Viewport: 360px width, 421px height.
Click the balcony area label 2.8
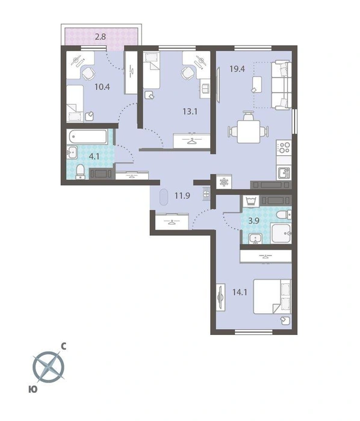[x=100, y=37]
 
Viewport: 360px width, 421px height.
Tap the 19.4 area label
[x=237, y=69]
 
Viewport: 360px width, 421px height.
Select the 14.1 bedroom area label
[x=240, y=292]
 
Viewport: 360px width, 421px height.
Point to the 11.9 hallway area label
[x=182, y=195]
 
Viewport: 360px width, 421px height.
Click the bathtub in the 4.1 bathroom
[x=87, y=137]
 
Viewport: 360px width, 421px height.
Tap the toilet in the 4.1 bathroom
[x=80, y=172]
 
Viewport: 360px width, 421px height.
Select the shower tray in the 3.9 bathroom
[x=281, y=233]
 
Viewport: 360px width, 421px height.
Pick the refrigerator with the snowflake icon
[x=224, y=182]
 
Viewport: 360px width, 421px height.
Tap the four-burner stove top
[x=284, y=147]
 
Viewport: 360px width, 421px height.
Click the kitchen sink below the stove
[x=284, y=173]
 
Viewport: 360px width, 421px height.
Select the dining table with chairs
[x=249, y=129]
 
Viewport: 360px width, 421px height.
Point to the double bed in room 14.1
[x=272, y=297]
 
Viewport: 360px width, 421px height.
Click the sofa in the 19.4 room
[x=281, y=85]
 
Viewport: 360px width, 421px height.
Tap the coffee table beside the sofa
[x=257, y=85]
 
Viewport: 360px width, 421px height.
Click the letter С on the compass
[x=64, y=346]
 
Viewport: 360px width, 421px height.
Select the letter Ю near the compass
[x=33, y=389]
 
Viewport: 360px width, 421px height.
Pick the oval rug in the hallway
[x=163, y=198]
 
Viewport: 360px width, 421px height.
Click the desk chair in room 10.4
[x=88, y=73]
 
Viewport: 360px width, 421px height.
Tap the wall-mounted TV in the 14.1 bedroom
[x=221, y=298]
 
